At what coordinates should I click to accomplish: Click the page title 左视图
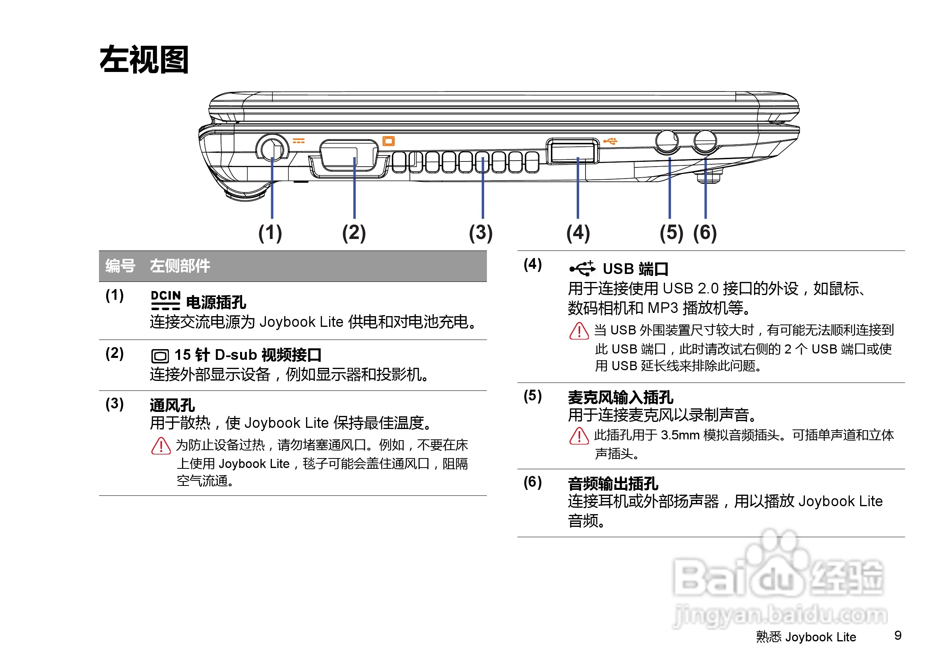click(x=144, y=60)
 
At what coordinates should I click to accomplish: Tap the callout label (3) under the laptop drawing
click(x=481, y=233)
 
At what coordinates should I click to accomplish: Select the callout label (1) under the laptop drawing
click(x=270, y=233)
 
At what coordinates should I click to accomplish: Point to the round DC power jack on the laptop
click(x=272, y=148)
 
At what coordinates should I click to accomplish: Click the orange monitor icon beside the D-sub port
click(x=388, y=141)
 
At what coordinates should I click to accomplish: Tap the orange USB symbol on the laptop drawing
click(x=610, y=141)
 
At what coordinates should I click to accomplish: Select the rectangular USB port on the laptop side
click(x=572, y=151)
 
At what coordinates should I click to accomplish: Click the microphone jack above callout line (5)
click(x=666, y=141)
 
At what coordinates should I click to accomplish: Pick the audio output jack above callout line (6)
click(x=705, y=141)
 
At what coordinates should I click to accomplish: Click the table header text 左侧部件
click(x=180, y=266)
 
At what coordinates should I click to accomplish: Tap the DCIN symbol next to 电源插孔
click(x=165, y=300)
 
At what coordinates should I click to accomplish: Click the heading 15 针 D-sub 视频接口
click(x=248, y=355)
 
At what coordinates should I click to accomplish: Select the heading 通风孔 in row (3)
click(x=172, y=406)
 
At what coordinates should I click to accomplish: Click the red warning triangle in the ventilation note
click(x=161, y=446)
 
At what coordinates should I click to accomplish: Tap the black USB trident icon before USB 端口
click(x=582, y=268)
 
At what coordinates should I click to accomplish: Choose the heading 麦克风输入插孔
click(x=620, y=398)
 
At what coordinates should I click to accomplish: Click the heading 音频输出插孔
click(x=613, y=484)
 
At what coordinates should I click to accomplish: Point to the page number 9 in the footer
click(x=898, y=635)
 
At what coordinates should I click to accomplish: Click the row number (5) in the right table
click(x=532, y=396)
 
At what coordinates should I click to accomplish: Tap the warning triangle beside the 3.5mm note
click(x=579, y=437)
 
